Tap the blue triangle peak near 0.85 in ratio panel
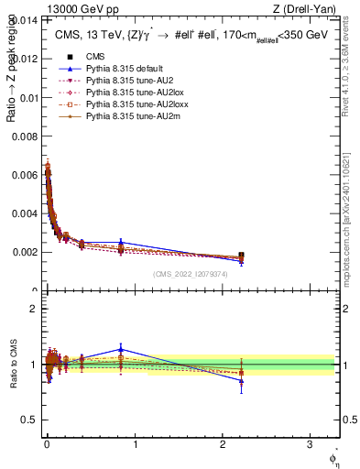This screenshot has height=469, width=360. [x=120, y=348]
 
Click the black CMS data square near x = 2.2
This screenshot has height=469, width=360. [x=241, y=256]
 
